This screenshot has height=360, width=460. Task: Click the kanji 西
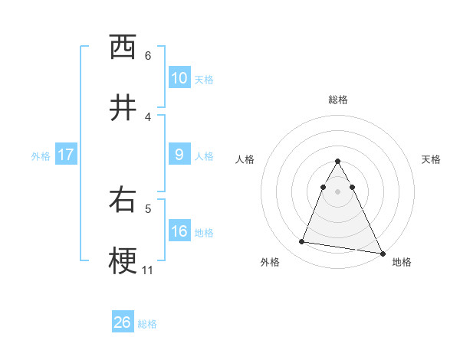click(x=123, y=47)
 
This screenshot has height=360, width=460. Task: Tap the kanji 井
click(x=123, y=108)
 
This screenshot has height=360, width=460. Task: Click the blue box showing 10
click(x=179, y=77)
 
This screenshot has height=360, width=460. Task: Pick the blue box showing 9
click(x=179, y=155)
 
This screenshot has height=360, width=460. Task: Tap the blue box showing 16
click(x=179, y=231)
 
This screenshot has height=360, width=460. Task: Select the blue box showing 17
click(x=66, y=155)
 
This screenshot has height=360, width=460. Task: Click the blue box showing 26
click(x=123, y=322)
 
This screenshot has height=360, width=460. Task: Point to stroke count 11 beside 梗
click(x=148, y=270)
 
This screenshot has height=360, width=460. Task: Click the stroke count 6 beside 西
click(x=148, y=55)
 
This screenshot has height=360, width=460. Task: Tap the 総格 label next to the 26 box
click(x=147, y=324)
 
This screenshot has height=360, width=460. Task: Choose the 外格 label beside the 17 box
click(x=41, y=155)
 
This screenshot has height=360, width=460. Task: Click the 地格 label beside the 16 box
click(x=204, y=232)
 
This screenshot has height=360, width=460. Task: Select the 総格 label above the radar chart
click(x=338, y=100)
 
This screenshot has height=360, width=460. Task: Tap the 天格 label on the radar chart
click(x=432, y=159)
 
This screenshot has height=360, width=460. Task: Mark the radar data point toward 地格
click(x=382, y=253)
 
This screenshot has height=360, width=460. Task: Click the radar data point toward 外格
click(x=301, y=242)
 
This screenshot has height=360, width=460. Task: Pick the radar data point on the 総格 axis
click(x=337, y=161)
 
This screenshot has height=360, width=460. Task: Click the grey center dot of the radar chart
click(x=337, y=191)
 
